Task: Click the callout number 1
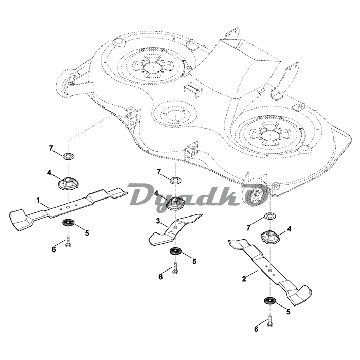click(x=38, y=199)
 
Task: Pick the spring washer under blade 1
click(x=67, y=223)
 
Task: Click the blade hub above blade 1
click(x=67, y=183)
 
